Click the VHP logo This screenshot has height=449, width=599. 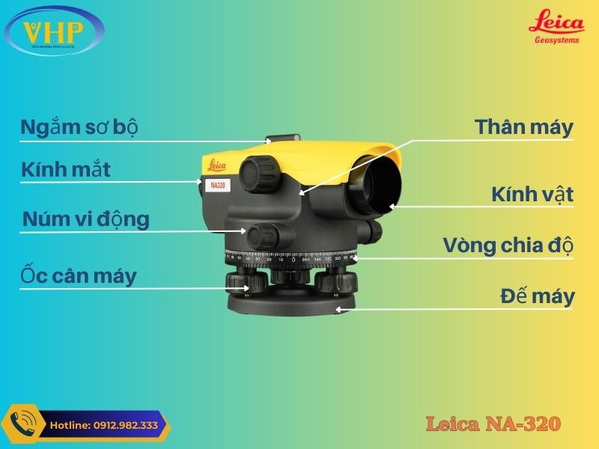[x=54, y=31]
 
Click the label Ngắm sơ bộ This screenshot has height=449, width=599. [x=79, y=127]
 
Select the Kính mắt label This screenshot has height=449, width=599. [x=66, y=170]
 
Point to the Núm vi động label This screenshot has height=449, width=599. [x=86, y=219]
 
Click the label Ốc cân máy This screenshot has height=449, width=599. [x=79, y=276]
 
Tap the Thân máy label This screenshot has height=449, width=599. [x=524, y=127]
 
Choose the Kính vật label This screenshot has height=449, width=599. [x=532, y=195]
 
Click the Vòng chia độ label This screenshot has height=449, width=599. [x=508, y=245]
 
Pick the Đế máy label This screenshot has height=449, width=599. [x=538, y=296]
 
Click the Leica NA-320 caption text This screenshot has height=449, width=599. [x=493, y=424]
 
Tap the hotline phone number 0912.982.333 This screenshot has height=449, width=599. [x=105, y=425]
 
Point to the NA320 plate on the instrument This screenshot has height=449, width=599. [x=216, y=185]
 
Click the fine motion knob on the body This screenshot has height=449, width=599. [x=263, y=236]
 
